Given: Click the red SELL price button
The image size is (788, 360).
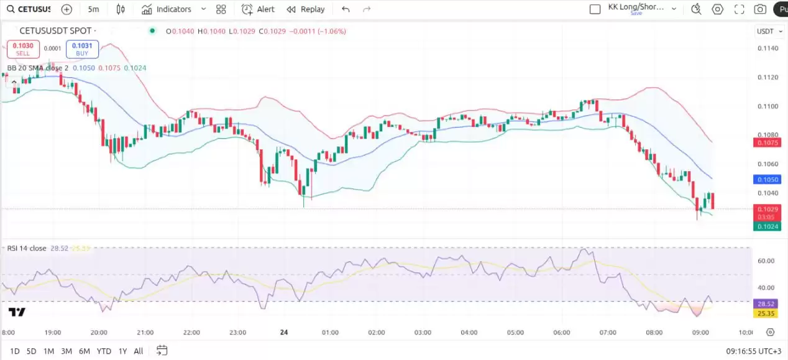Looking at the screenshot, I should pyautogui.click(x=23, y=49).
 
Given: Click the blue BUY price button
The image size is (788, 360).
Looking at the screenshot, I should pyautogui.click(x=82, y=49).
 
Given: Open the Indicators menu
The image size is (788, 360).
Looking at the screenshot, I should pyautogui.click(x=167, y=9).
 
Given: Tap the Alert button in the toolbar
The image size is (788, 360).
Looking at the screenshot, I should pyautogui.click(x=258, y=9).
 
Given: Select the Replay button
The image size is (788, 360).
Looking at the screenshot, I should pyautogui.click(x=306, y=9).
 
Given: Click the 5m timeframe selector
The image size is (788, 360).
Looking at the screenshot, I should pyautogui.click(x=93, y=9).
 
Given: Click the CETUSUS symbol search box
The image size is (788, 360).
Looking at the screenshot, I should pyautogui.click(x=29, y=9).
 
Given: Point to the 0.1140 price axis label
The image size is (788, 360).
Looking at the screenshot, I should pyautogui.click(x=768, y=48).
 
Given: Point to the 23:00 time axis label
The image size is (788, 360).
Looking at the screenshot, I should pyautogui.click(x=238, y=333).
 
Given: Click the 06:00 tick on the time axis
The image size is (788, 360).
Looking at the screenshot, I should pyautogui.click(x=561, y=333).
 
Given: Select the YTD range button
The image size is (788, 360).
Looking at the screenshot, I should pyautogui.click(x=104, y=351).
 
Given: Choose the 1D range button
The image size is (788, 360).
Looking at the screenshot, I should pyautogui.click(x=14, y=351).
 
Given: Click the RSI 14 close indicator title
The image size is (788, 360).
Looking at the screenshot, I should pyautogui.click(x=27, y=248).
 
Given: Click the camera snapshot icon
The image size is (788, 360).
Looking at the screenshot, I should pyautogui.click(x=759, y=9).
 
